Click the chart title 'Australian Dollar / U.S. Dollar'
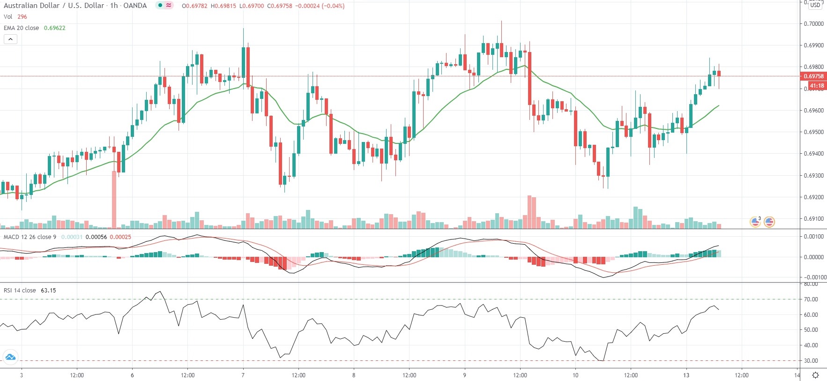point(54,6)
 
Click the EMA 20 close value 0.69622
point(54,28)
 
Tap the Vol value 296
point(22,17)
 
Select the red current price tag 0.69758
point(813,76)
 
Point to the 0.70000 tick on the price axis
point(813,24)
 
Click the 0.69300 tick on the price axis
point(813,176)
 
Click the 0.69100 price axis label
point(813,219)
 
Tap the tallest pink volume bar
point(114,199)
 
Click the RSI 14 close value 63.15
point(48,291)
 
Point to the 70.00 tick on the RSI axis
point(811,299)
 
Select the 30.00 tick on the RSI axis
point(811,361)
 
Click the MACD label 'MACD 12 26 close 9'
point(30,237)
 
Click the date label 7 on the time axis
point(243,375)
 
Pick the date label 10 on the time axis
point(575,375)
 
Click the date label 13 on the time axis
point(686,375)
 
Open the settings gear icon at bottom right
point(815,375)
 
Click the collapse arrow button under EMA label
point(10,39)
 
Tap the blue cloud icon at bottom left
point(10,358)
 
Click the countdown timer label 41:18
point(817,86)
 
